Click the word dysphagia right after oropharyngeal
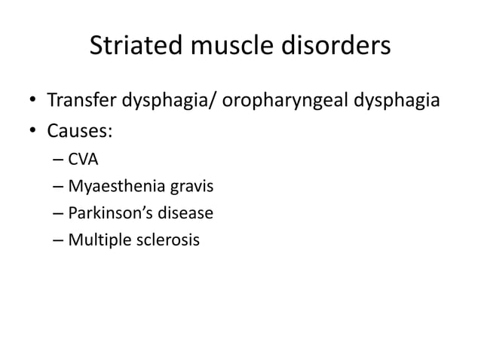(x=400, y=100)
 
